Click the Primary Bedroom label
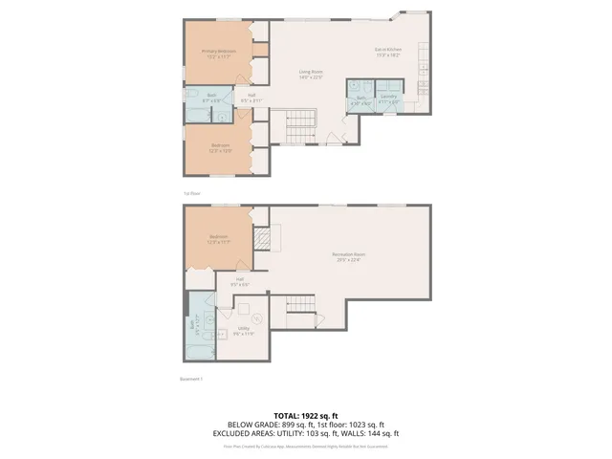point(219,53)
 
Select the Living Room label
point(310,75)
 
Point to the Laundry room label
point(388,98)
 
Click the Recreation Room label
point(350,256)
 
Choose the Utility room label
point(244,330)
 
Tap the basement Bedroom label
point(220,241)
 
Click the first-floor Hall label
point(251,97)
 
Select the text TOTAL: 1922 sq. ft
point(305,415)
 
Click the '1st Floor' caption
point(192,193)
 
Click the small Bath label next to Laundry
point(362,98)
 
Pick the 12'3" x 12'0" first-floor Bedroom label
point(220,148)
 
